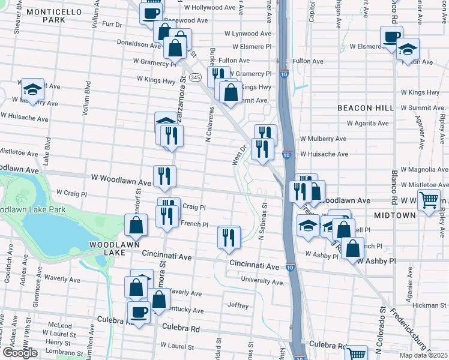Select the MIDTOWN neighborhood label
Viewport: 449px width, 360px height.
coord(394,215)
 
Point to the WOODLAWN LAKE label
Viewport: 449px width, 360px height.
coord(115,245)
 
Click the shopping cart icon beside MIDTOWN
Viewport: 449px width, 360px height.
coord(429,201)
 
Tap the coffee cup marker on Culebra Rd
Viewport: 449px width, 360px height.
coord(139,312)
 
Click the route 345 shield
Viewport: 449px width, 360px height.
coord(195,78)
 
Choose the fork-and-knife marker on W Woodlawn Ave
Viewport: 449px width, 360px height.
coord(164,176)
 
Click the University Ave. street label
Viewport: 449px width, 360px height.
coord(262,281)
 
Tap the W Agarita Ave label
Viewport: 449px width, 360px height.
coord(368,124)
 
